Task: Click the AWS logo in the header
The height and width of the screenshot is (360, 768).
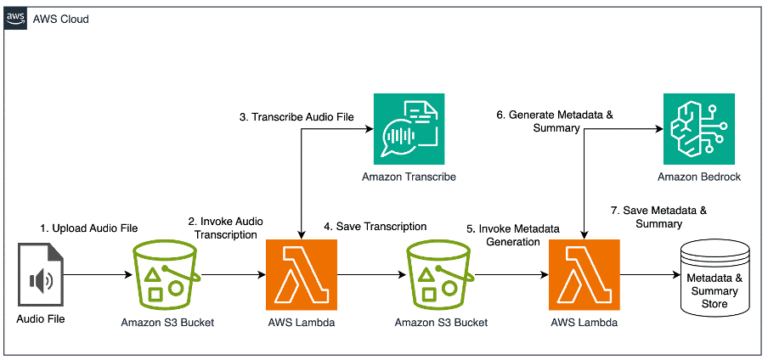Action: point(16,17)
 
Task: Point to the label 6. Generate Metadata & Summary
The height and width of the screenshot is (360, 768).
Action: point(545,121)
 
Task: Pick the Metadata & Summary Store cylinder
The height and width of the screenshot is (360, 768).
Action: point(716,276)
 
